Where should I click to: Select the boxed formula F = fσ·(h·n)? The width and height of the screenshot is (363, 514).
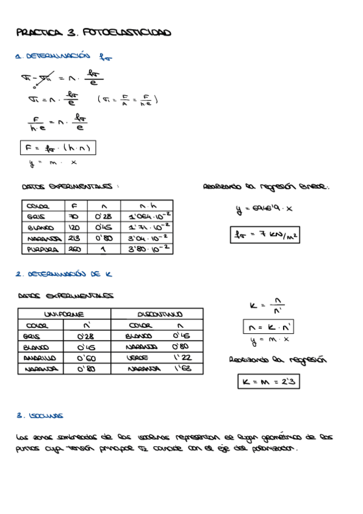[58, 148]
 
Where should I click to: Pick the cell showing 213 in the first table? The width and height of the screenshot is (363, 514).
[75, 237]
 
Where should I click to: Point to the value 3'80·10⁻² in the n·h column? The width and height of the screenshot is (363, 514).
[148, 248]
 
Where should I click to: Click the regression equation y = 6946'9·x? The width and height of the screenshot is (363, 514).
[264, 209]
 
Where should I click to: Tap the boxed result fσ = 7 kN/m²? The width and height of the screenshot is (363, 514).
[265, 234]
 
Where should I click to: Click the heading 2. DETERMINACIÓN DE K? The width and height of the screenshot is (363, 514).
[64, 274]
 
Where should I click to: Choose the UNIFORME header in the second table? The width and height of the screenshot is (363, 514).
[64, 315]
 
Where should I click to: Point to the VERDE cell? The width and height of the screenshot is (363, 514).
[138, 358]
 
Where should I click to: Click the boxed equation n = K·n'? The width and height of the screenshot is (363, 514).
[267, 327]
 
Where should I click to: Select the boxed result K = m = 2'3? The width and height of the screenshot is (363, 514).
[268, 381]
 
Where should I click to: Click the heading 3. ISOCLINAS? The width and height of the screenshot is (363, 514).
[40, 416]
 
